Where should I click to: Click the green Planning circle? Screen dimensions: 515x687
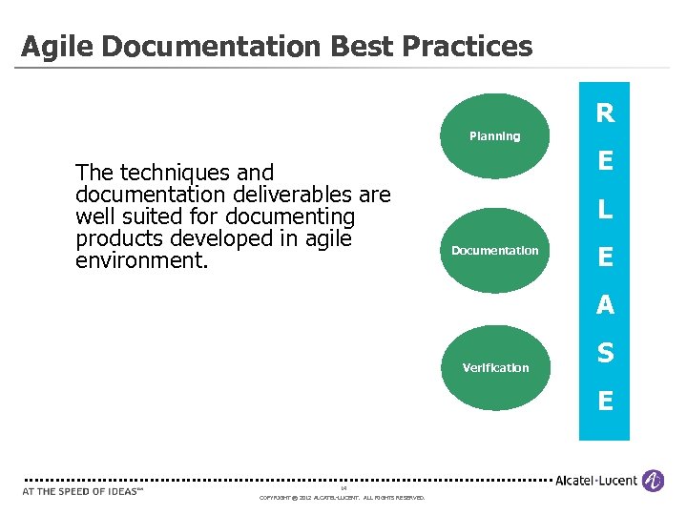coord(494,136)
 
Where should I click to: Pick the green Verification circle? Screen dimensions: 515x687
coord(494,367)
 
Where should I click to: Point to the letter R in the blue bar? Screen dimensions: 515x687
coord(605,114)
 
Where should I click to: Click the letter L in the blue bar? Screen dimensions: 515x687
coord(605,210)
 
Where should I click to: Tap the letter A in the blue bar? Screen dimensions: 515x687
coord(605,305)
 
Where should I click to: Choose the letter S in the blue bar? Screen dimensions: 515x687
coord(605,353)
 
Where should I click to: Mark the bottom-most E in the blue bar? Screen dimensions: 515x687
coord(605,401)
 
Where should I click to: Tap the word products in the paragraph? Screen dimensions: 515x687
coord(119,238)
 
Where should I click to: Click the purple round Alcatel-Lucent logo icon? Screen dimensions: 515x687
coord(653,481)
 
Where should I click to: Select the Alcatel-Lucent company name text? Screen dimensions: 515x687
coord(597,481)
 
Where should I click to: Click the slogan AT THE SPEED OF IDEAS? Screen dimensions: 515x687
coord(81,491)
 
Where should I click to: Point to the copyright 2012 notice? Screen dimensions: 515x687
coord(343,497)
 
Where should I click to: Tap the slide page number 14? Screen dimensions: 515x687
coord(343,488)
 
